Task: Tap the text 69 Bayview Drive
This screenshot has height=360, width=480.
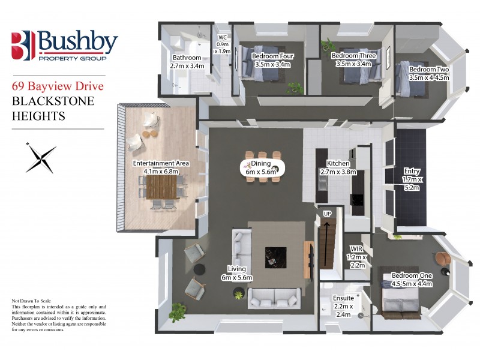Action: coord(58,86)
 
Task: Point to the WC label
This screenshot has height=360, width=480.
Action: coord(222,44)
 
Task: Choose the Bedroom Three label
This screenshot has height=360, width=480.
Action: coord(353,59)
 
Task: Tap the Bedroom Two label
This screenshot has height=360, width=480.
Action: coord(428,73)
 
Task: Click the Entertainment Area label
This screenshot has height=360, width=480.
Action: coord(161,167)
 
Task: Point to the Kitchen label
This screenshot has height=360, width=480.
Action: coord(338,167)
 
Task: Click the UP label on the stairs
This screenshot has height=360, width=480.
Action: coord(327,214)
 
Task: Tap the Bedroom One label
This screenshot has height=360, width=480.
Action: coord(411,280)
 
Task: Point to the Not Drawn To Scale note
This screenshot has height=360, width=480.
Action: coord(36,299)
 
